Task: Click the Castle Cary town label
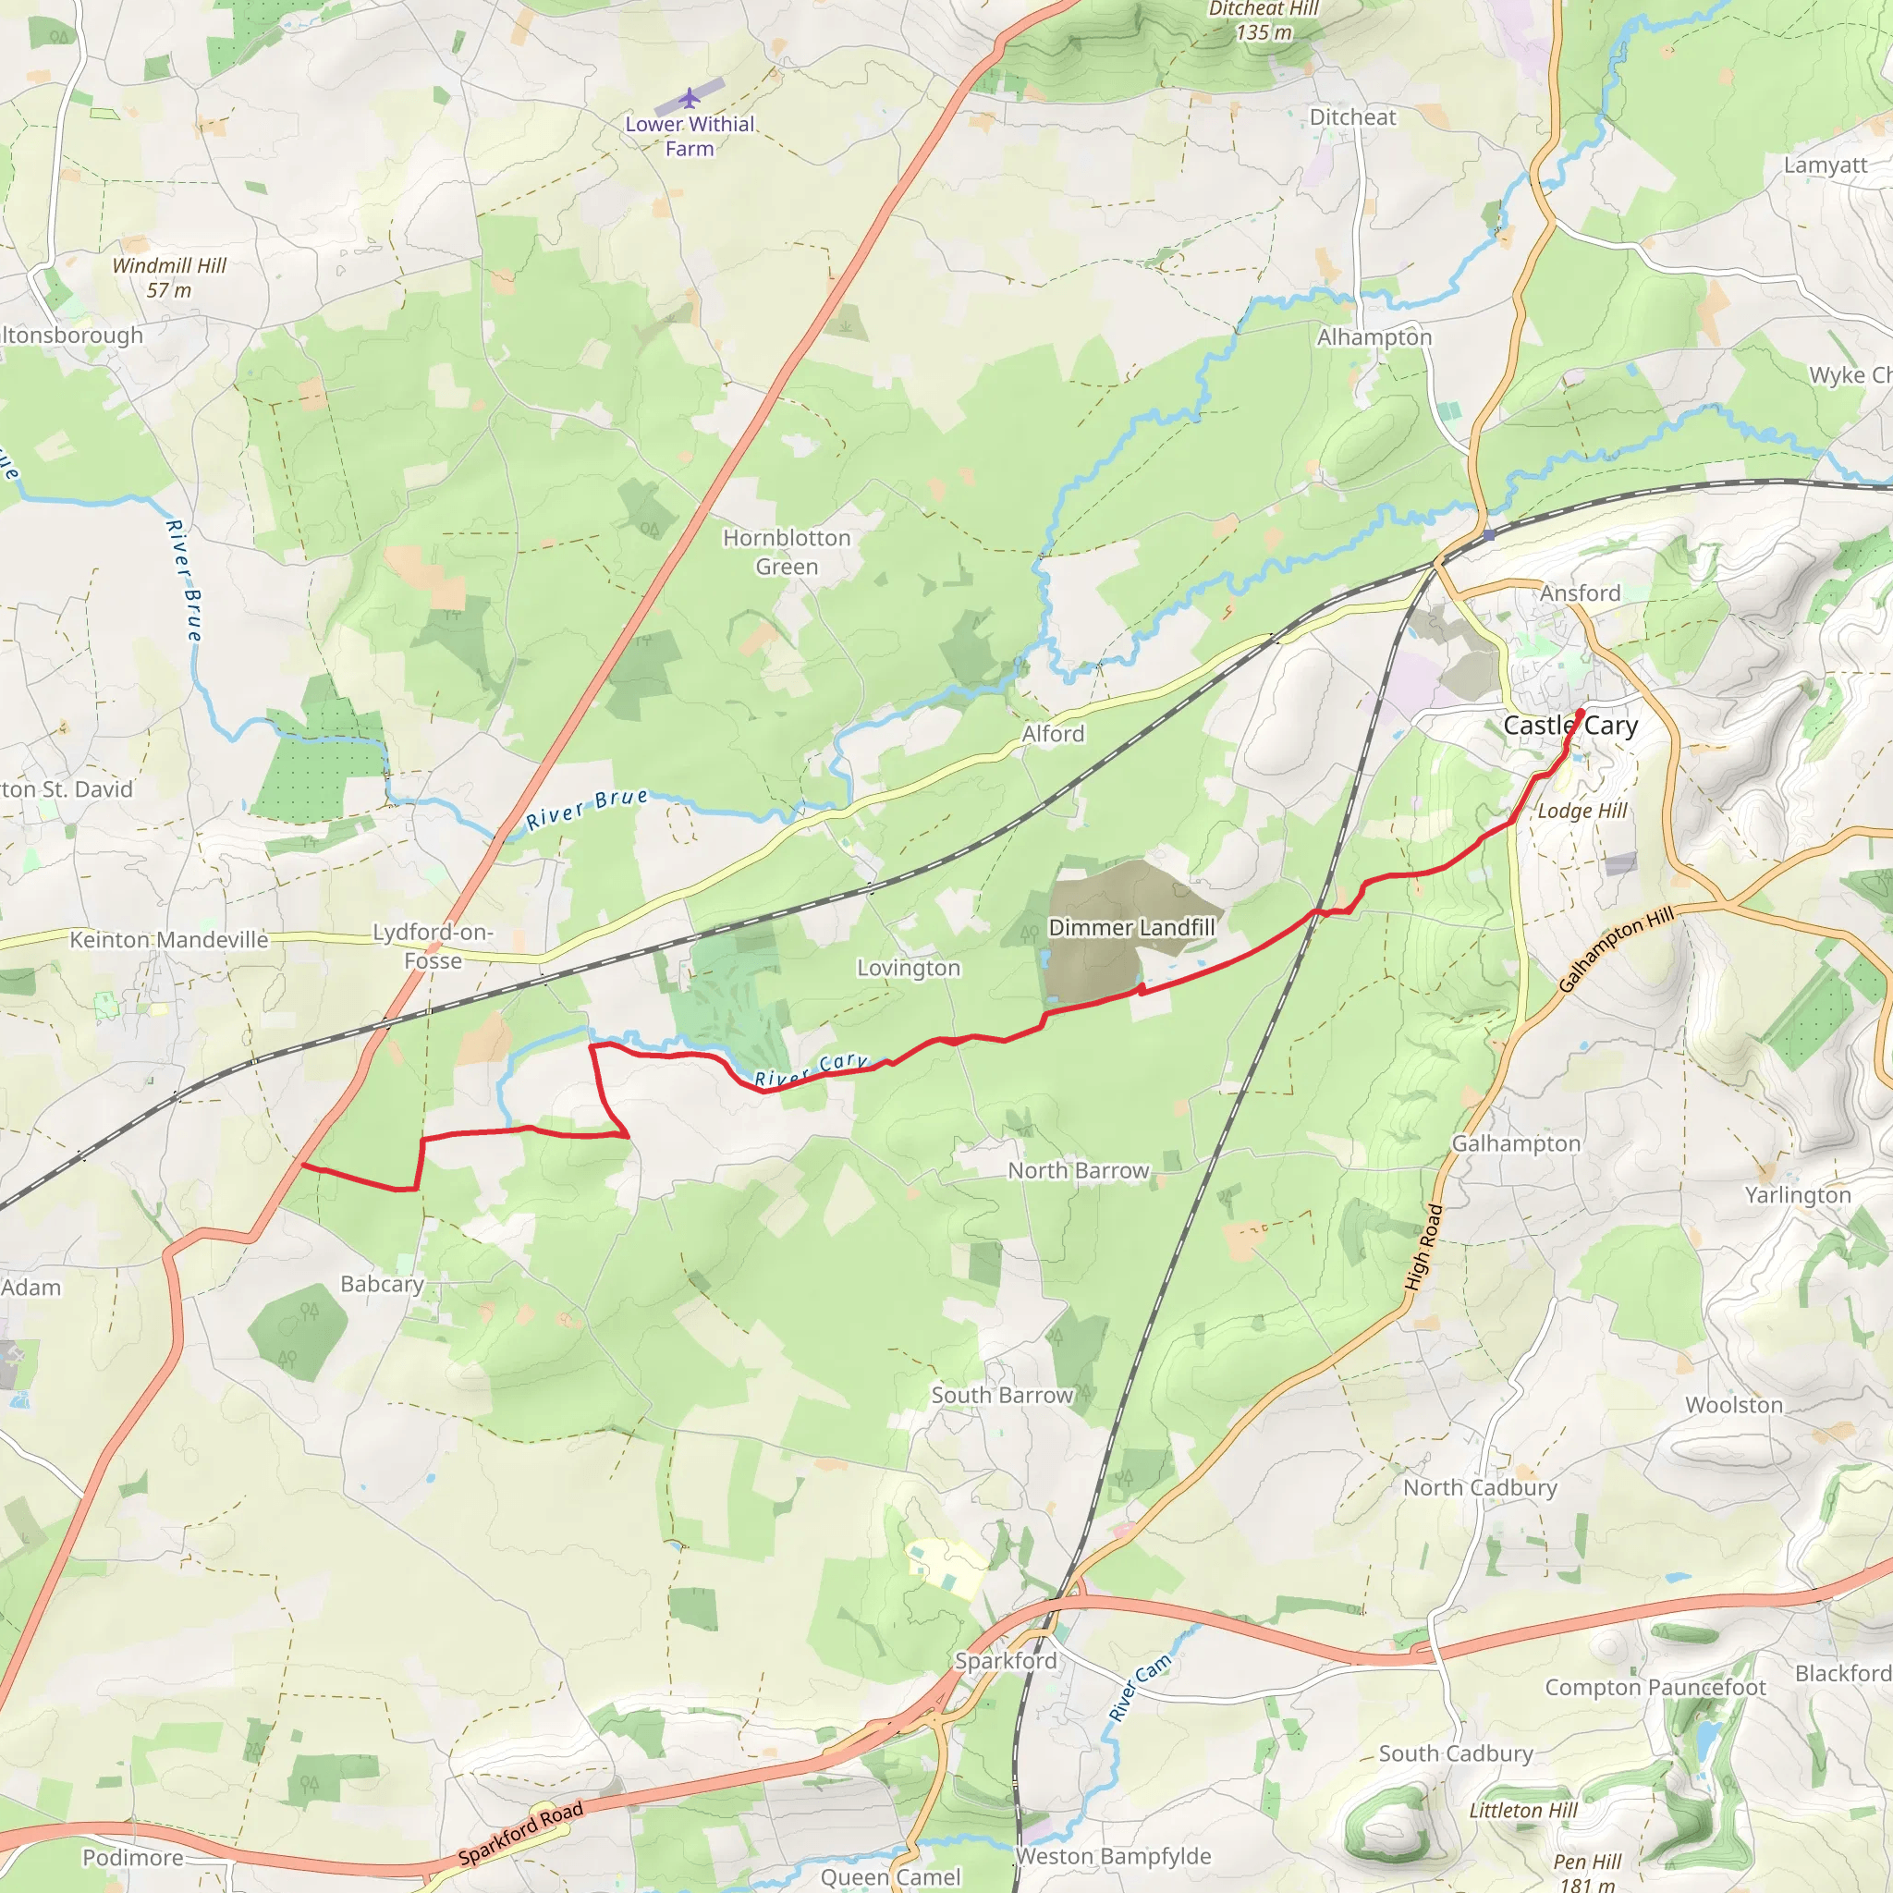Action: tap(1570, 726)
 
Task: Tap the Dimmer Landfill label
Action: tap(1131, 927)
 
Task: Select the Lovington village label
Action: tap(909, 968)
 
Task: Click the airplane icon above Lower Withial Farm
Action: tap(690, 98)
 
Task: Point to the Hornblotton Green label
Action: tap(787, 552)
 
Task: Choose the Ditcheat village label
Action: tap(1352, 117)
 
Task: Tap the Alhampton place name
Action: tap(1374, 337)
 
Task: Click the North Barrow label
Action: tap(1078, 1171)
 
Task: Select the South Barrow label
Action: tap(1002, 1395)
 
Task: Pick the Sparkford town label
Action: tap(1007, 1661)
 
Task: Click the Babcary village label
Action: tap(382, 1284)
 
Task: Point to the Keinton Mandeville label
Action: tap(168, 940)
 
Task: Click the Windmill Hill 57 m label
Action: tap(169, 278)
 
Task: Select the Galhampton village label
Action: tap(1516, 1143)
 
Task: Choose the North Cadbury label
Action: tap(1480, 1487)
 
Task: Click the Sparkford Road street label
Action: tap(520, 1832)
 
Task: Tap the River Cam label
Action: tap(1139, 1688)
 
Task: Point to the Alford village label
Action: tap(1054, 734)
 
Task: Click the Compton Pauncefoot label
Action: tap(1655, 1687)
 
